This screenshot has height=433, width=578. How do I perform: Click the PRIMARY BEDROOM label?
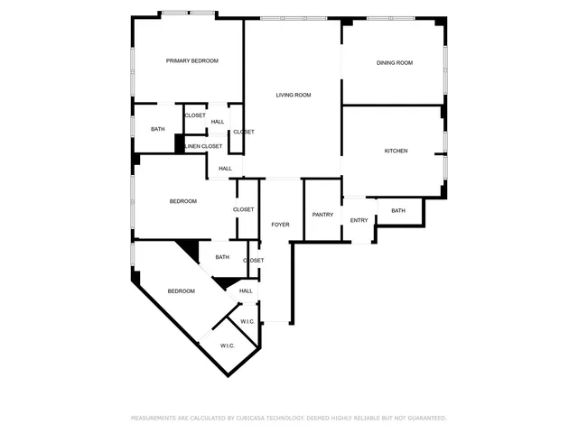tap(192, 61)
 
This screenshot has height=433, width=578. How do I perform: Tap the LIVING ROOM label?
tap(294, 95)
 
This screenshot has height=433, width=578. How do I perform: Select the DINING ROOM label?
tap(395, 63)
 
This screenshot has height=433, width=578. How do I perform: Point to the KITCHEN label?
tap(396, 151)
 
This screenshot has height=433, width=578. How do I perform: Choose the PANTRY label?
tap(322, 215)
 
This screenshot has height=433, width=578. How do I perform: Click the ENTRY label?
tap(359, 220)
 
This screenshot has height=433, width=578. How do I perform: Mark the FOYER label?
tap(281, 224)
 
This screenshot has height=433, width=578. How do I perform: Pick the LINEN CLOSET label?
tap(203, 146)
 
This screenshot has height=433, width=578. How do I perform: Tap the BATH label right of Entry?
tap(398, 211)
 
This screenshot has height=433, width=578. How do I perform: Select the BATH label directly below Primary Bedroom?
tap(158, 129)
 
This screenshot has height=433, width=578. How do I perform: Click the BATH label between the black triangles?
tap(222, 257)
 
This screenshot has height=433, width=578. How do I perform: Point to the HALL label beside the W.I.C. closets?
tap(246, 290)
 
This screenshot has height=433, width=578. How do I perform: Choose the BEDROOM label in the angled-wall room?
tap(182, 291)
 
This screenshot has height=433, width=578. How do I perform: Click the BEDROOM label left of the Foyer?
tap(183, 201)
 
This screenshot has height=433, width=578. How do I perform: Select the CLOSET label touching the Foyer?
tap(244, 210)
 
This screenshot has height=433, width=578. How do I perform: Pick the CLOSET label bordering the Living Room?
tap(244, 133)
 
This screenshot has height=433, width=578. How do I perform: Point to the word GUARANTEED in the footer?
tap(424, 419)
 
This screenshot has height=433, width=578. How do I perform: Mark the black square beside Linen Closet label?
tap(180, 144)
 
